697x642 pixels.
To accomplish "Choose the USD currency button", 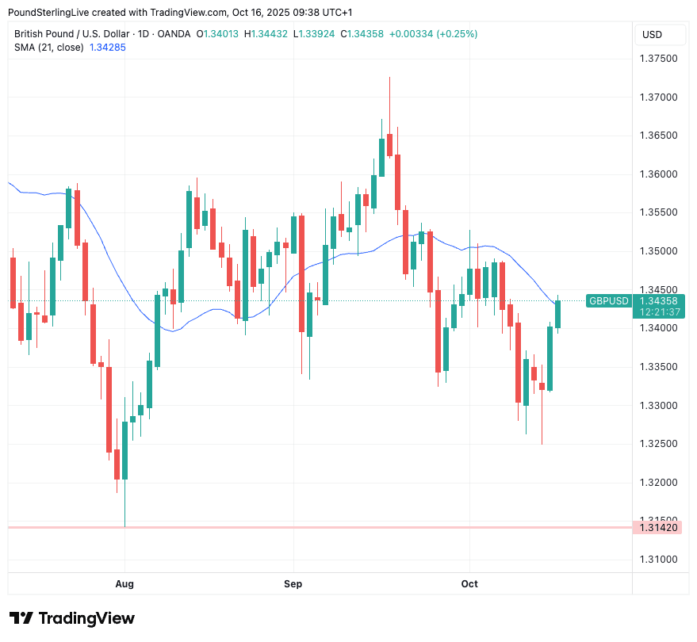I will click(652, 35).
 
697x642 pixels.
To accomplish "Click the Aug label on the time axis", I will click(124, 584).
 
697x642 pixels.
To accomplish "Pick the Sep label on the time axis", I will click(293, 584).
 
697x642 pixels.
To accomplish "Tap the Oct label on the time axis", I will click(469, 584).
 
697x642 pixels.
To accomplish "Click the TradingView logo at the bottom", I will click(71, 618).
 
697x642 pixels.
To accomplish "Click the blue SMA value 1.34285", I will click(108, 48).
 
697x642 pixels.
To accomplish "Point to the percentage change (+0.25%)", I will click(457, 34).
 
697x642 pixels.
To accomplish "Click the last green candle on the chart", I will click(557, 314).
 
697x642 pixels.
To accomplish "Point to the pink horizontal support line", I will click(317, 527).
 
